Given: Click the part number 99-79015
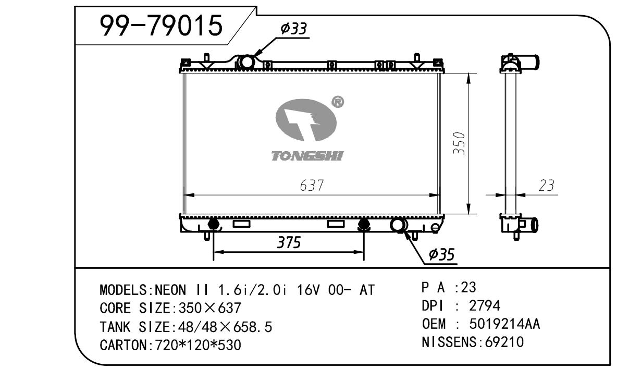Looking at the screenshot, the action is click(x=161, y=26).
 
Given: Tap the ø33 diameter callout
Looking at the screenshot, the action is click(x=294, y=29).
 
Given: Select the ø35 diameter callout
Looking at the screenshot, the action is click(x=441, y=254).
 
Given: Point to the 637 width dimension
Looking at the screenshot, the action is click(x=312, y=186).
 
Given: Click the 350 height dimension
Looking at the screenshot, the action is click(x=460, y=143).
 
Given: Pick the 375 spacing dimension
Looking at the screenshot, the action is click(x=289, y=242).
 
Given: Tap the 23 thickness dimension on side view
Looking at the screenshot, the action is click(x=547, y=186).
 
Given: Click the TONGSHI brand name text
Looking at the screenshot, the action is click(x=307, y=156).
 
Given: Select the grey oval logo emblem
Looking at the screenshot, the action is click(x=306, y=119).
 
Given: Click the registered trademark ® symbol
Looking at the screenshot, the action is click(x=338, y=102).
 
